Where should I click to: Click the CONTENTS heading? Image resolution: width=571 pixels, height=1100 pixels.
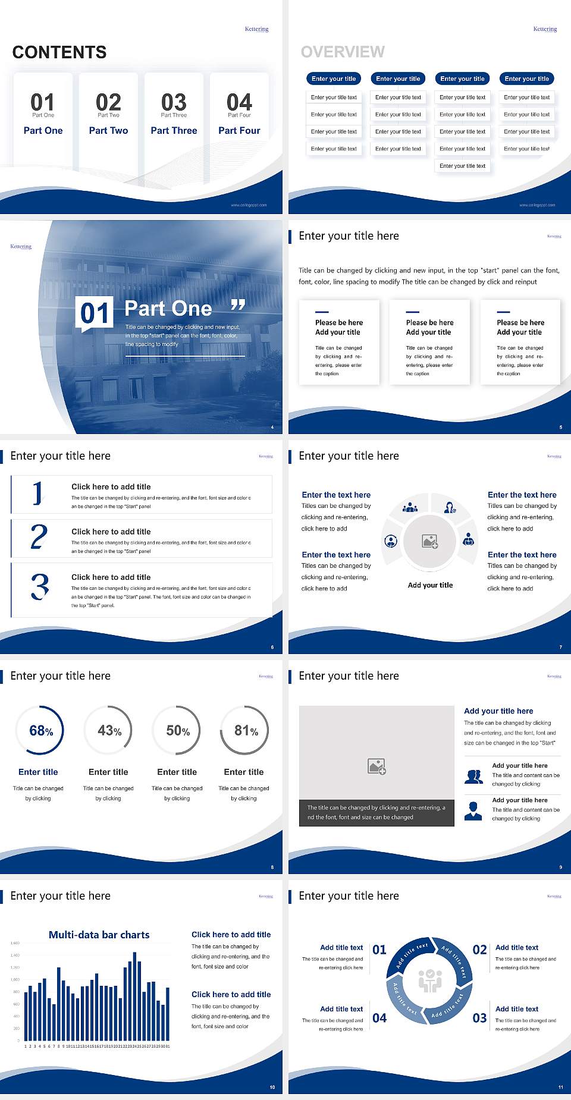59,52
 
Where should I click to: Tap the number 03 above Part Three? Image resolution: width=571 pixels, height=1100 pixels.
174,102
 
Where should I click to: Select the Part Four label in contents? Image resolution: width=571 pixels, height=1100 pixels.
239,130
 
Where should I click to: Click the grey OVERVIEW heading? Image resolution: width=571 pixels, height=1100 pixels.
343,52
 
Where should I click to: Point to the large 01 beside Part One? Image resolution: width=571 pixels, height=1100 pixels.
95,313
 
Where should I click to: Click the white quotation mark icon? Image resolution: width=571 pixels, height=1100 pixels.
238,305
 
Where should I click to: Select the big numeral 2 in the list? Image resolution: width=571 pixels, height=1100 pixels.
39,537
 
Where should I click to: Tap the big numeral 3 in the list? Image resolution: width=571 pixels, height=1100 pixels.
40,586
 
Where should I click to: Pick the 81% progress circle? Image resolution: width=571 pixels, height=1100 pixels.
245,730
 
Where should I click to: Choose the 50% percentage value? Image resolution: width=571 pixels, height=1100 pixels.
177,730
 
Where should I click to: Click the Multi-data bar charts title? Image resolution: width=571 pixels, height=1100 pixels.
99,935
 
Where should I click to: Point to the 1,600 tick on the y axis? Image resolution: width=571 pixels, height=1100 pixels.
15,943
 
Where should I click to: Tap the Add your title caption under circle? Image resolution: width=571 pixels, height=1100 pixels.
430,585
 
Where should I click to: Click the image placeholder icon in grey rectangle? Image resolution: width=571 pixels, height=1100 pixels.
377,766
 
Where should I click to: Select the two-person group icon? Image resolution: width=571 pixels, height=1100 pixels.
473,777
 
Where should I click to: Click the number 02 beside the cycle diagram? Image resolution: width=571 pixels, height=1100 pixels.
479,950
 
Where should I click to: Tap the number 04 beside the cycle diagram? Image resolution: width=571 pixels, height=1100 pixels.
379,1018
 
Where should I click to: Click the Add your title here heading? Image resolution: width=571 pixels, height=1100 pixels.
498,711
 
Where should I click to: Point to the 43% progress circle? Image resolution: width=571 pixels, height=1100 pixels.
109,730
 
